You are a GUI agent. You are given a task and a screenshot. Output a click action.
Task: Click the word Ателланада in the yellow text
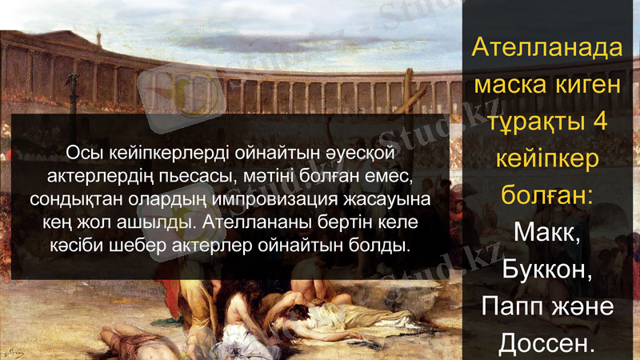tap(547, 47)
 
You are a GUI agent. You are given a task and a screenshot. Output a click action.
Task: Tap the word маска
tap(510, 84)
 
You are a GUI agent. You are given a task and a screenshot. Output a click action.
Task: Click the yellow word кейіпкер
tap(547, 158)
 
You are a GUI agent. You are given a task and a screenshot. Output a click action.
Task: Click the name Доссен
tap(547, 344)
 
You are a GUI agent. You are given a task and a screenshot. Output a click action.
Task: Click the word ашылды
tap(157, 220)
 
